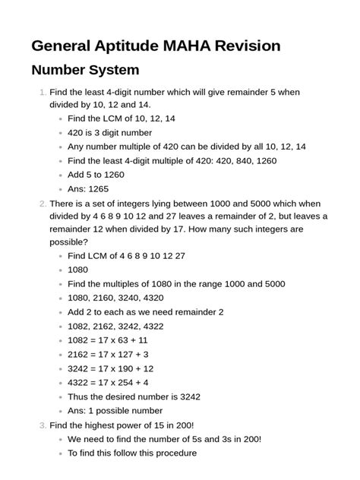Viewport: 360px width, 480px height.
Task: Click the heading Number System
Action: coord(85,71)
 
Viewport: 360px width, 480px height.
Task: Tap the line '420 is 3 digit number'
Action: coord(109,132)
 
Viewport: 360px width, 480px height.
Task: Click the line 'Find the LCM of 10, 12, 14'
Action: coord(122,118)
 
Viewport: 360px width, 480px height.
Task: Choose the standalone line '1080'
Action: coord(79,270)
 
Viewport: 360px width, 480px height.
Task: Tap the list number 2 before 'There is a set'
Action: coord(43,204)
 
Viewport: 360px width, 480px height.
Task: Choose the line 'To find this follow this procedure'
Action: coord(132,453)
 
